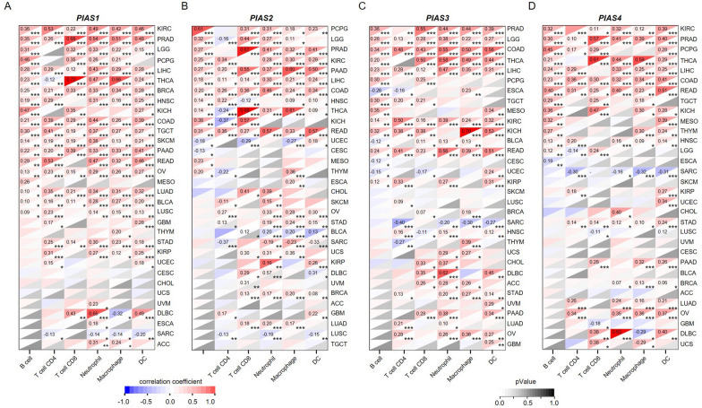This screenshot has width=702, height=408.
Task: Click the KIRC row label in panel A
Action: [x=164, y=16]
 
